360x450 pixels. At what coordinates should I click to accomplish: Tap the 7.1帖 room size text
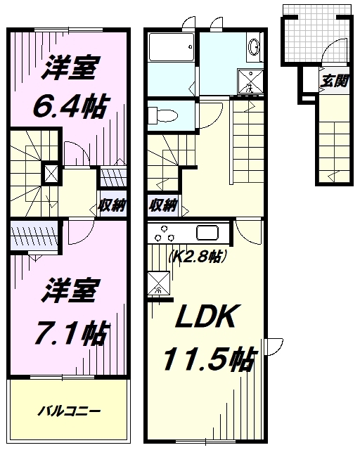70,331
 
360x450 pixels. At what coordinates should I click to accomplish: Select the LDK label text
204,319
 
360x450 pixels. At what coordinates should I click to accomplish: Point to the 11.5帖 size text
210,361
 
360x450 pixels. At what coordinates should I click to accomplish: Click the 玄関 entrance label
335,80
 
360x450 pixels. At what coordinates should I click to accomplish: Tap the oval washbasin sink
255,48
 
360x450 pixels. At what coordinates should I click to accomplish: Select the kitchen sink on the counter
210,233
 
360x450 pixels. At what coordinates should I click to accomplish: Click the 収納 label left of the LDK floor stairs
162,206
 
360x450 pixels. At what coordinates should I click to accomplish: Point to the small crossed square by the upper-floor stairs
51,173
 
